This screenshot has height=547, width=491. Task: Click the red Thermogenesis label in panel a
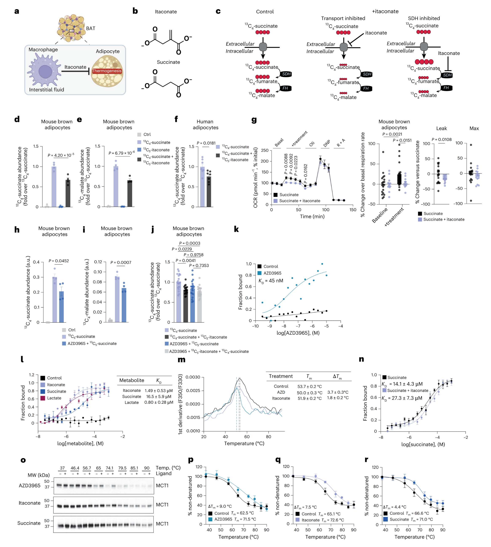click(x=107, y=71)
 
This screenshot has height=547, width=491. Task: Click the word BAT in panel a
click(x=91, y=28)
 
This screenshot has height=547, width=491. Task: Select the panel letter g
click(x=254, y=119)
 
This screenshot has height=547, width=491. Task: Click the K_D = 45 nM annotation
click(x=271, y=281)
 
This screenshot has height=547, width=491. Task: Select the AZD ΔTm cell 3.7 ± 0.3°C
click(x=338, y=392)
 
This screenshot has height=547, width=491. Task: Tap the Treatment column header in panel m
click(x=281, y=376)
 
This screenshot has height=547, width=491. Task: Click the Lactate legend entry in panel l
click(x=55, y=398)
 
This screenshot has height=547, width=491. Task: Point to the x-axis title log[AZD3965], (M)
click(x=298, y=333)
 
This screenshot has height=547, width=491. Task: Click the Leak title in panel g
click(x=441, y=128)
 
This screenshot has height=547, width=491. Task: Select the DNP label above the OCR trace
click(x=326, y=143)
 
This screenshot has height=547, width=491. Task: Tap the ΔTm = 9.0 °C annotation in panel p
click(x=220, y=506)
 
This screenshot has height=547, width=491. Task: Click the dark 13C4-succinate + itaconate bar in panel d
click(x=68, y=193)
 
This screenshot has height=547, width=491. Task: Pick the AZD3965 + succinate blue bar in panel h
click(x=61, y=307)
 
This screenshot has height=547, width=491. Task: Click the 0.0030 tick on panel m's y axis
click(x=193, y=377)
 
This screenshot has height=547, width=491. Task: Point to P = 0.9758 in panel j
click(x=193, y=255)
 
